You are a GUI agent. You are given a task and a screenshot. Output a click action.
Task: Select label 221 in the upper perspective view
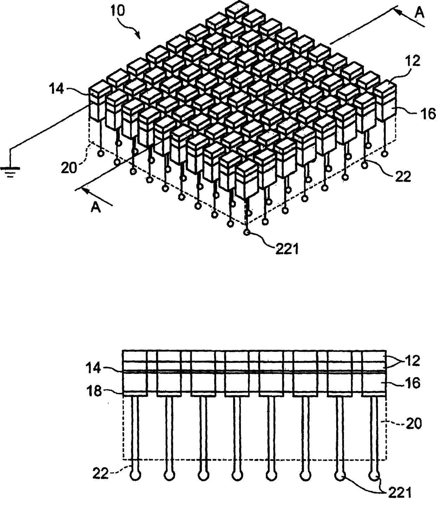pos(287,249)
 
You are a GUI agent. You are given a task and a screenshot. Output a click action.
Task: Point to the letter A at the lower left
pos(95,207)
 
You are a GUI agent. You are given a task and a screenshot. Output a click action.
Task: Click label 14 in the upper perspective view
pos(57,89)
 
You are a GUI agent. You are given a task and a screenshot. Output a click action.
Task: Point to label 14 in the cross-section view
pos(94,369)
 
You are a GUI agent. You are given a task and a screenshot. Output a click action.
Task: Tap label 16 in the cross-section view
pos(413,383)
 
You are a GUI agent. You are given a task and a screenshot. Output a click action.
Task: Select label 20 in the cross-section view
pos(413,424)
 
